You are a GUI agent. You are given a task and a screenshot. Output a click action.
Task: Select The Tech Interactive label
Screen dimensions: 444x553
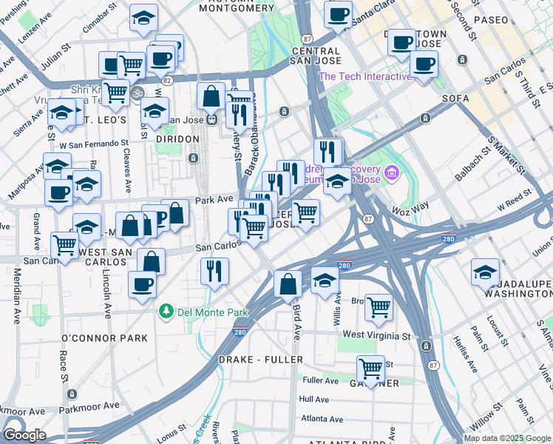pos(364,76)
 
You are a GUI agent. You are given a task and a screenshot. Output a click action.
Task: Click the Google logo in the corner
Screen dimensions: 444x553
pos(24,435)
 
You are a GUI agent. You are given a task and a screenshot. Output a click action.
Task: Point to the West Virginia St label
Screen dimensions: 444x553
pos(376,335)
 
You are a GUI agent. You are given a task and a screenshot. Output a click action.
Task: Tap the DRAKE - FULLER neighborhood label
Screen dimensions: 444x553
pos(261,359)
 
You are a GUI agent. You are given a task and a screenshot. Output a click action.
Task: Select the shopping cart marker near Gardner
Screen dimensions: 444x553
pos(370,368)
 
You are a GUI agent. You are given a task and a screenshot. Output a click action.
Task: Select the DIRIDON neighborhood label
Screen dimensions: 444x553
pos(177,138)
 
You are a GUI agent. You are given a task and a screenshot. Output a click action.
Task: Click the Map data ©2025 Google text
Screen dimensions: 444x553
pos(506,438)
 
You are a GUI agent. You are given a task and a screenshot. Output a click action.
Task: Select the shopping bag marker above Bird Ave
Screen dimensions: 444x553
pos(288,284)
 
